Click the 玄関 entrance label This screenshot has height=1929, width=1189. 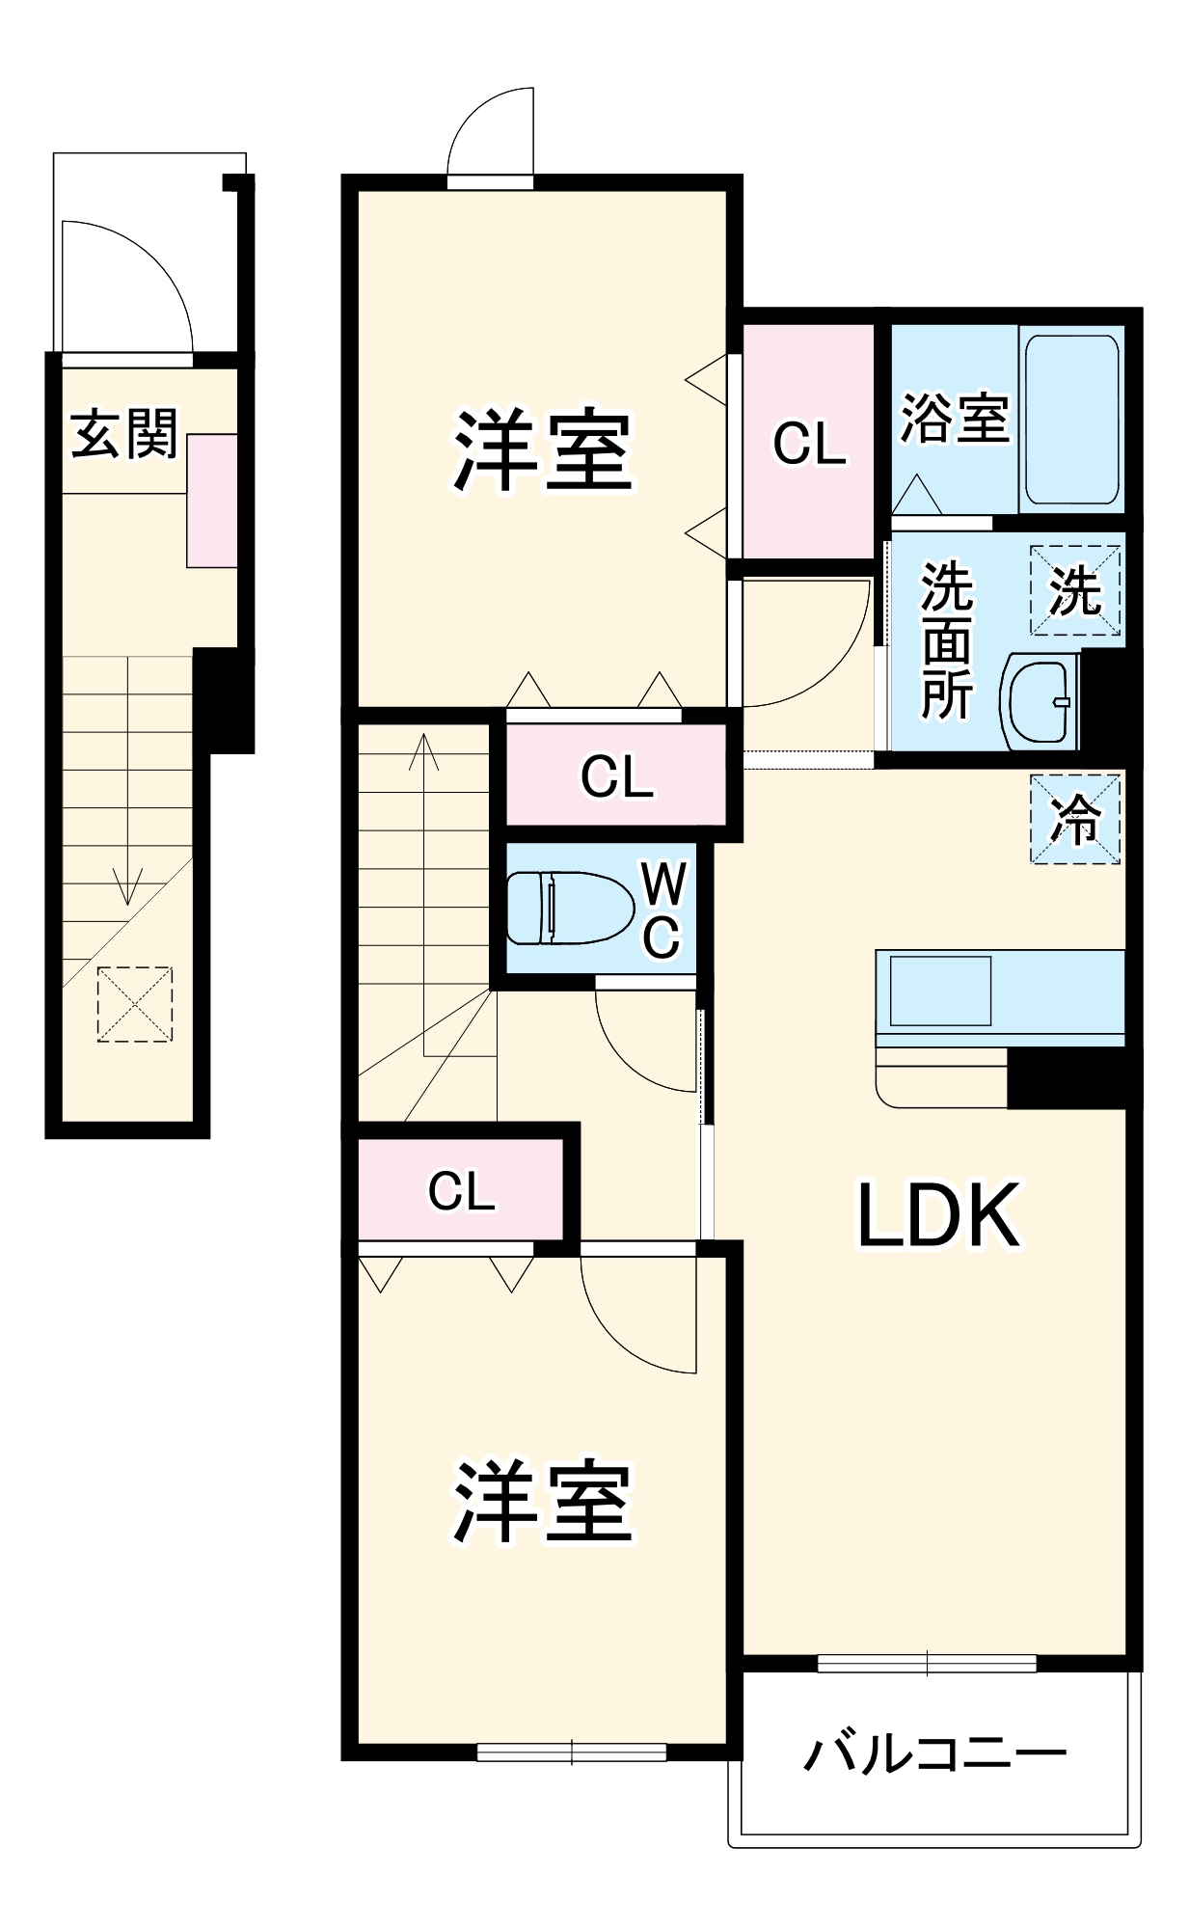point(124,434)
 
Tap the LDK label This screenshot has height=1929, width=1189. point(938,1216)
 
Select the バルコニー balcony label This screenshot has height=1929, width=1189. point(934,1753)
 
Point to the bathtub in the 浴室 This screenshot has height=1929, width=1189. point(1070,420)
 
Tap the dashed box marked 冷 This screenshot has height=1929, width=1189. point(1075,819)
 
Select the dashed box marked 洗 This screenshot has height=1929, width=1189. point(1075,590)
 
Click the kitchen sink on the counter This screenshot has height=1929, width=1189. point(939,991)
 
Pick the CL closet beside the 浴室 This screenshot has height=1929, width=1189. point(808,443)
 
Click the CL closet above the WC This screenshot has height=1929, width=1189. point(616,775)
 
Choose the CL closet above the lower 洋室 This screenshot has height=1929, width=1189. point(461,1191)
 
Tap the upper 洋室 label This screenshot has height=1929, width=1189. point(543,450)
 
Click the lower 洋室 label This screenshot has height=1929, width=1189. point(543,1502)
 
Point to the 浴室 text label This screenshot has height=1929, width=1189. point(954,419)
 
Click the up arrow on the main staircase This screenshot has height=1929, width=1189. point(424,752)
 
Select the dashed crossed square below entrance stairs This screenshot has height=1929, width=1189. point(135,1004)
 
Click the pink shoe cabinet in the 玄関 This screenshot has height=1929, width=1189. point(212,501)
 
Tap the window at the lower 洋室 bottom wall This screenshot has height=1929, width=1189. point(572,1751)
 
